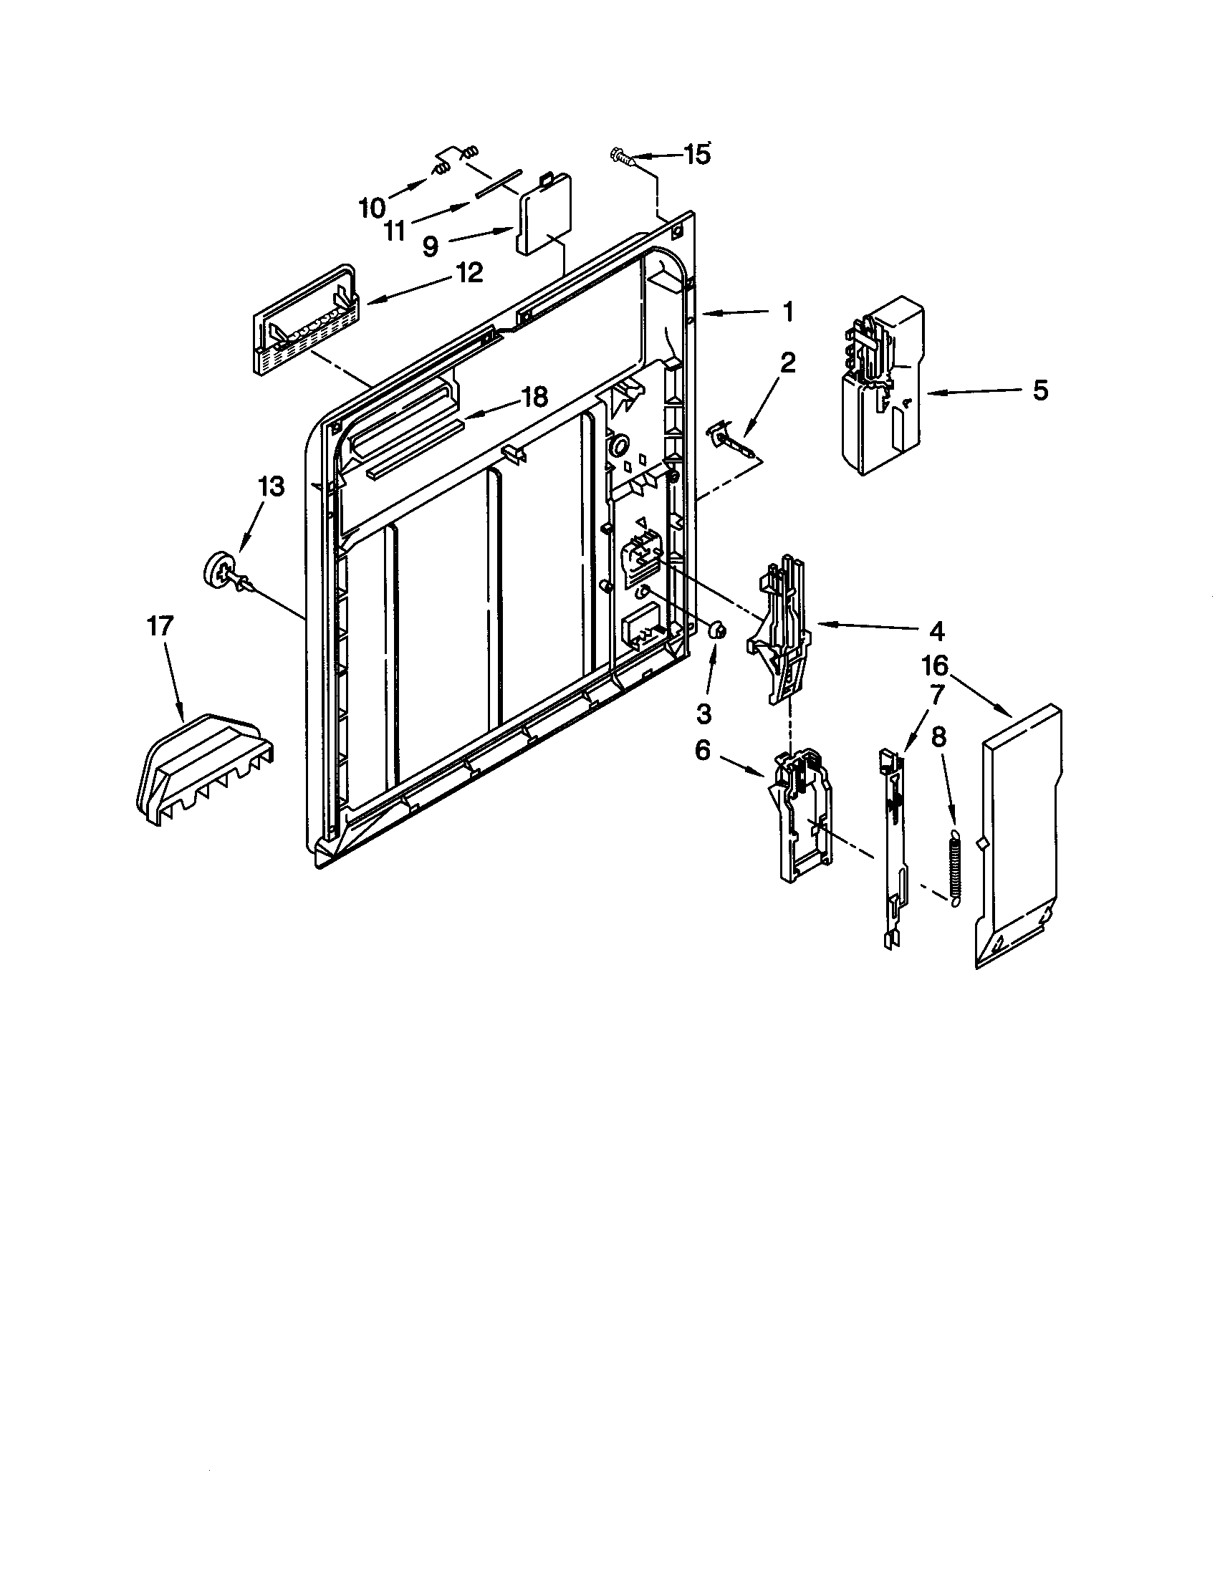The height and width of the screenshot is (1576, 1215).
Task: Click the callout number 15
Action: [696, 155]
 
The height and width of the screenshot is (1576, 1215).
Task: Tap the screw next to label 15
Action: [621, 157]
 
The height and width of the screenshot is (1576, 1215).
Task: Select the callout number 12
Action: [469, 273]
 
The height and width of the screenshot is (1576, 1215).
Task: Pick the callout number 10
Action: [373, 208]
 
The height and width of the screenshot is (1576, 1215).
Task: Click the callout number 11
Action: [395, 231]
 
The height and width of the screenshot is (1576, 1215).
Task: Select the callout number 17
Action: [160, 625]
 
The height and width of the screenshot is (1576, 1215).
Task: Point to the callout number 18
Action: [534, 396]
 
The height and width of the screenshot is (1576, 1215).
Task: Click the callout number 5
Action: [1039, 390]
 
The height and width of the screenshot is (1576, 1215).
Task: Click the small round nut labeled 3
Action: [717, 630]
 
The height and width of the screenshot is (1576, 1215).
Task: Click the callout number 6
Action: [703, 751]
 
